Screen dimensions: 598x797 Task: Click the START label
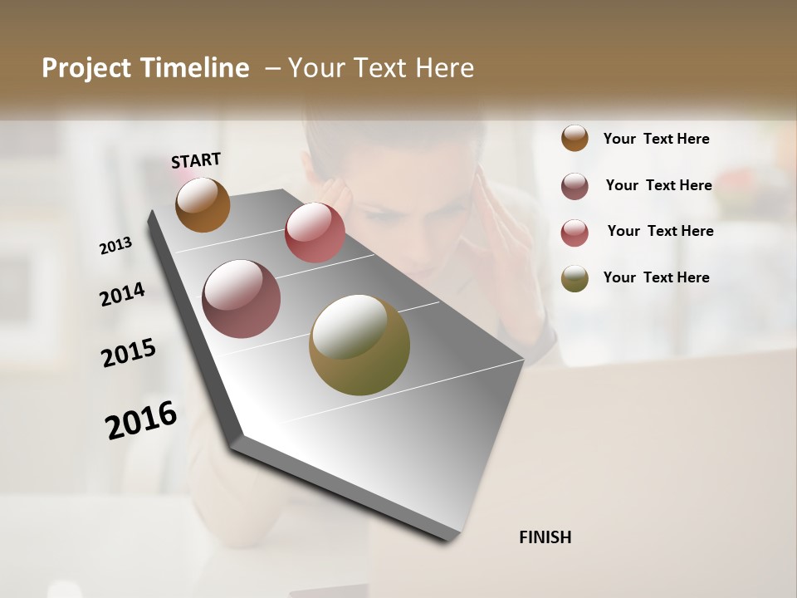196,160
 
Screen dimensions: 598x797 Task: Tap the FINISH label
545,537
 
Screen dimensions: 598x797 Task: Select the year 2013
116,245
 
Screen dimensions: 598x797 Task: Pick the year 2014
123,294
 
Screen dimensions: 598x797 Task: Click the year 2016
141,419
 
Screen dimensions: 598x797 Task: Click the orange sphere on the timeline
203,204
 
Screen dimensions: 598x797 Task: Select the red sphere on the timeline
315,233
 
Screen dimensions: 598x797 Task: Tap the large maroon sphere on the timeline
242,299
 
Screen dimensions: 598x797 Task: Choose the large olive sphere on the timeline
359,345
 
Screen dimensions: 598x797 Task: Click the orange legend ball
575,138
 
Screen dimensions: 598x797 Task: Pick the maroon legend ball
575,185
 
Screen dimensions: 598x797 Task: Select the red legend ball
575,232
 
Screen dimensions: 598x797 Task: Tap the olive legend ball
575,278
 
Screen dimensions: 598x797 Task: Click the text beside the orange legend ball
656,139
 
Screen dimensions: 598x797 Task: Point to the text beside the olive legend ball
656,277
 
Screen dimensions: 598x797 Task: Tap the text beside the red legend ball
660,231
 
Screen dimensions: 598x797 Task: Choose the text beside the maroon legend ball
658,185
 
